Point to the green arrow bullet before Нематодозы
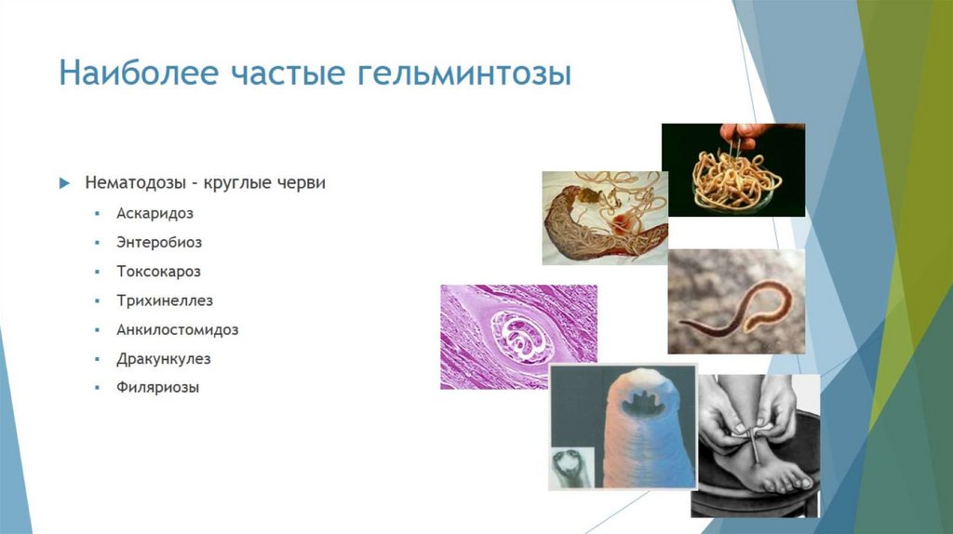[x=64, y=183]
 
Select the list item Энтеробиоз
[x=159, y=242]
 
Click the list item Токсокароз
[x=158, y=271]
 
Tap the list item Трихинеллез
[x=165, y=300]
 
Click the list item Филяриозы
[x=158, y=386]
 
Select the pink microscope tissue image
[x=518, y=336]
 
